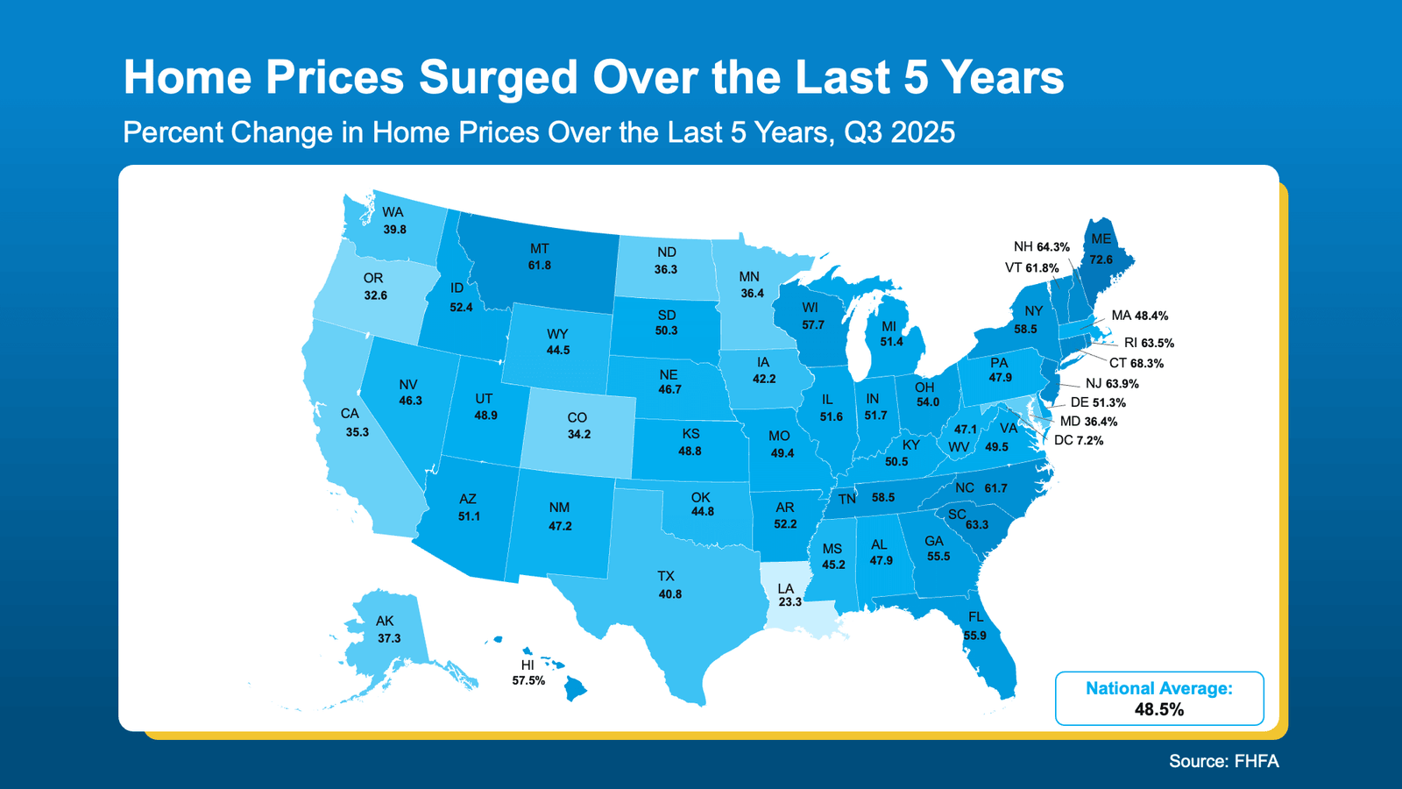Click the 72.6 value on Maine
tap(1101, 259)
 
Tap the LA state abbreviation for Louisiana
tap(785, 588)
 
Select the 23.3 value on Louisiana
tap(790, 602)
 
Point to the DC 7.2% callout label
tap(1078, 441)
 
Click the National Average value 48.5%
tap(1158, 710)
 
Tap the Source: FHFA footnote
tap(1223, 761)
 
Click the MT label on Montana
tap(540, 249)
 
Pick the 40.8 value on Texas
tap(669, 594)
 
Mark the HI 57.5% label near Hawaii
tap(528, 672)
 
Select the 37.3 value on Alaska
tap(389, 638)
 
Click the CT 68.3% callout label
tap(1136, 363)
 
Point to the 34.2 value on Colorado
tap(578, 434)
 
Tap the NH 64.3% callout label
tap(1041, 247)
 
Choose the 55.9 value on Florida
tap(974, 636)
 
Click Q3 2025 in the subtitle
tap(899, 132)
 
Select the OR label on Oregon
tap(373, 278)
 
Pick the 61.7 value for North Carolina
tap(996, 488)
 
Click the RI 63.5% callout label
tap(1148, 343)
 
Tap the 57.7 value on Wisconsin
tap(812, 325)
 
